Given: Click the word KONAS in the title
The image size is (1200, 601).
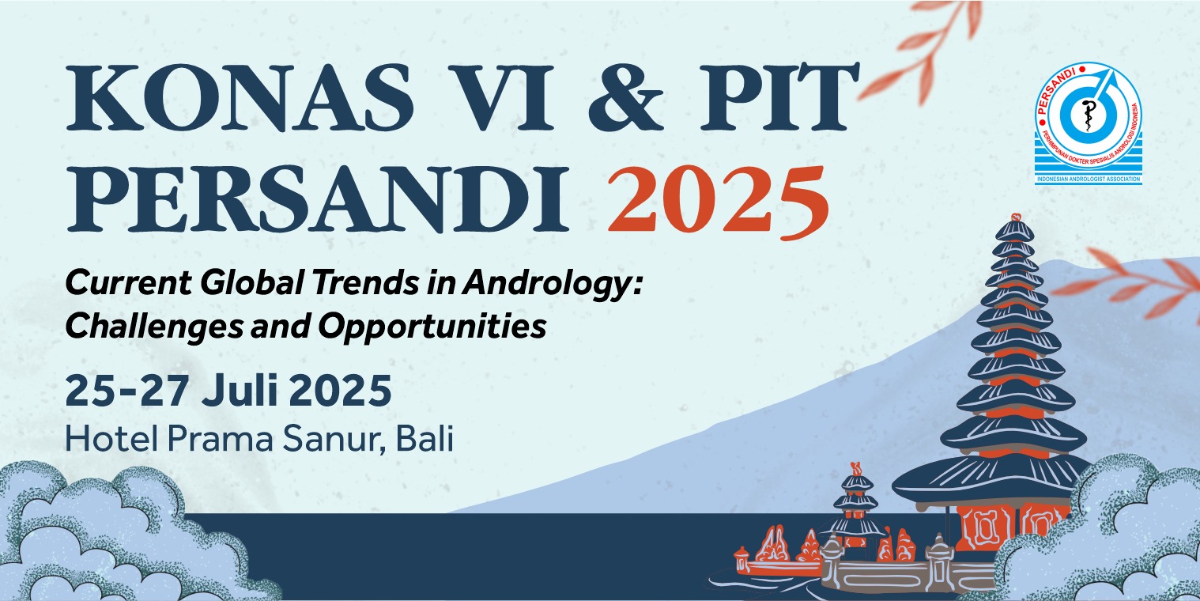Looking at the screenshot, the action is (x=240, y=97).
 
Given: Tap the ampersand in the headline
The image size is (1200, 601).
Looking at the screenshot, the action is (x=626, y=97).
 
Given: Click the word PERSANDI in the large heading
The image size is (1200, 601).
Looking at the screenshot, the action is (x=317, y=199).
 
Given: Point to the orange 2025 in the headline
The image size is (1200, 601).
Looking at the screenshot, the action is (x=719, y=201).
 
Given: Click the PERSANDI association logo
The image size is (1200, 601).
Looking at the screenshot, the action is (x=1088, y=123).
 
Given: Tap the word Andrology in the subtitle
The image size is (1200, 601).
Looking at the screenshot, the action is (x=552, y=284).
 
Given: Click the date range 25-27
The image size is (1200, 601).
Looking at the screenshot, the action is (x=126, y=391).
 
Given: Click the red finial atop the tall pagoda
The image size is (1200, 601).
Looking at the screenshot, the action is (x=1015, y=217).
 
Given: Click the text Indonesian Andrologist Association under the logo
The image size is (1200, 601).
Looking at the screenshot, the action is (x=1088, y=179).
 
